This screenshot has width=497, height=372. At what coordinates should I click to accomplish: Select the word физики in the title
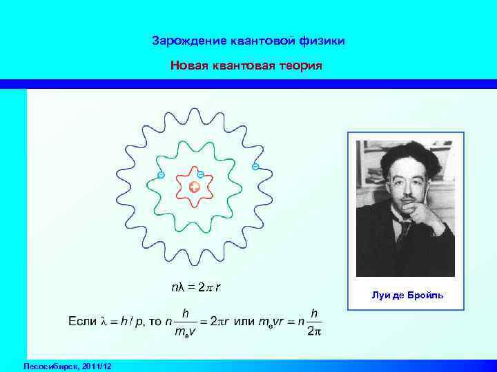pos(322,41)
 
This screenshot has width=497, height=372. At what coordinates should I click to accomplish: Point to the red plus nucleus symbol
pos(195,187)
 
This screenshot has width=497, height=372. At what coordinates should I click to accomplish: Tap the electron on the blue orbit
pos(255,167)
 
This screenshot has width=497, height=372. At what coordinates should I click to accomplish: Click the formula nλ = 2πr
pos(195,288)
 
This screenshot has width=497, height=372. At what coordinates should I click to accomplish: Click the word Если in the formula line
pos(81,321)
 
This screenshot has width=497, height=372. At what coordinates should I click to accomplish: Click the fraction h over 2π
pos(314,321)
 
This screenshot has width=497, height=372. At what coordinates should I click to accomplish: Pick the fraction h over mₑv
pos(184,321)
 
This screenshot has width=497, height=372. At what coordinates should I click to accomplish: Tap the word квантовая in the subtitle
pos(245,66)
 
